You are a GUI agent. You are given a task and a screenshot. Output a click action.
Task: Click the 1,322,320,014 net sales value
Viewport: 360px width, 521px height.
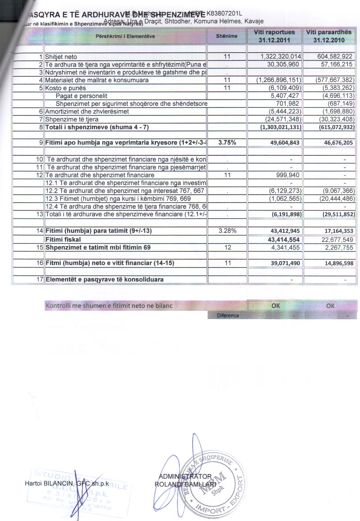point(281,57)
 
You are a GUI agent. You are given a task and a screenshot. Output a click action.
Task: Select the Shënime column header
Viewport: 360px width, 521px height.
point(227,36)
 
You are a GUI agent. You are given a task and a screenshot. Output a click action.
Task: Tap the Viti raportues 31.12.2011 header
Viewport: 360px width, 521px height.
point(275,36)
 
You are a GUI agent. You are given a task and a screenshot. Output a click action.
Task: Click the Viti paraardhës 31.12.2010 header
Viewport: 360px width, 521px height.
point(329,36)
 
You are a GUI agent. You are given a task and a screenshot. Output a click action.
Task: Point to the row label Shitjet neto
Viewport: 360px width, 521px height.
point(61,57)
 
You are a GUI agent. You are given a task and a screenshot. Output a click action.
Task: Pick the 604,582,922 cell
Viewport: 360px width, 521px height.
point(334,57)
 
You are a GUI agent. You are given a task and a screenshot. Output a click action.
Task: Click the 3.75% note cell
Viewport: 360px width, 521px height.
point(227,142)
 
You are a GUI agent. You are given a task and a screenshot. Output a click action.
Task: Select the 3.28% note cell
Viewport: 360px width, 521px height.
point(227,231)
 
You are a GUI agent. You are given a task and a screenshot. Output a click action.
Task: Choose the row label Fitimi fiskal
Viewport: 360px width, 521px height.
point(63,240)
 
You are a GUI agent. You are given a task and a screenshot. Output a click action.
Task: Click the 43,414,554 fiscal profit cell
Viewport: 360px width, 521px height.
point(284,240)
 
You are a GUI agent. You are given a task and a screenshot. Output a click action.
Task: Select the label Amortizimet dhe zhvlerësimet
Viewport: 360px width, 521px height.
point(87,112)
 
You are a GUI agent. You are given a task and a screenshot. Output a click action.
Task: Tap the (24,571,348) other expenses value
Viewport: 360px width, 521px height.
point(283,119)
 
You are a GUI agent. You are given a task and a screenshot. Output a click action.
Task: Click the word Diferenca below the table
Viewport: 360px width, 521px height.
point(228,316)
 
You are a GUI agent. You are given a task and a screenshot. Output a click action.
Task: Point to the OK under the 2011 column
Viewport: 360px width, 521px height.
point(276,306)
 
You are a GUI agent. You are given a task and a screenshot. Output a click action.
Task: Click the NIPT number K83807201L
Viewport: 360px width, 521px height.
point(224,13)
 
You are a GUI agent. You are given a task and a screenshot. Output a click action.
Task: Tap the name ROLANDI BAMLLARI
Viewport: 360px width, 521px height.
point(185,484)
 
